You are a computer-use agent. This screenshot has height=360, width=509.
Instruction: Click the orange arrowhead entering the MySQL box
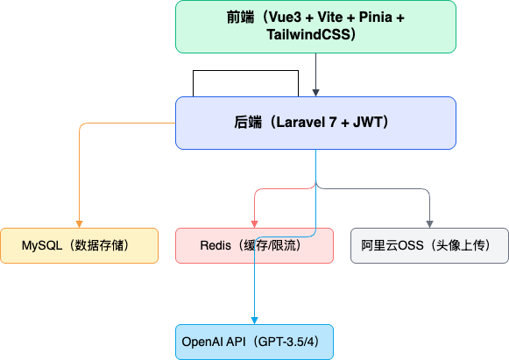(x=79, y=224)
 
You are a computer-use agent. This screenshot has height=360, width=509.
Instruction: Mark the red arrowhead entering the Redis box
(x=254, y=224)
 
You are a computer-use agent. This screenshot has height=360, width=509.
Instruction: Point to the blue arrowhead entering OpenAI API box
(x=254, y=321)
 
